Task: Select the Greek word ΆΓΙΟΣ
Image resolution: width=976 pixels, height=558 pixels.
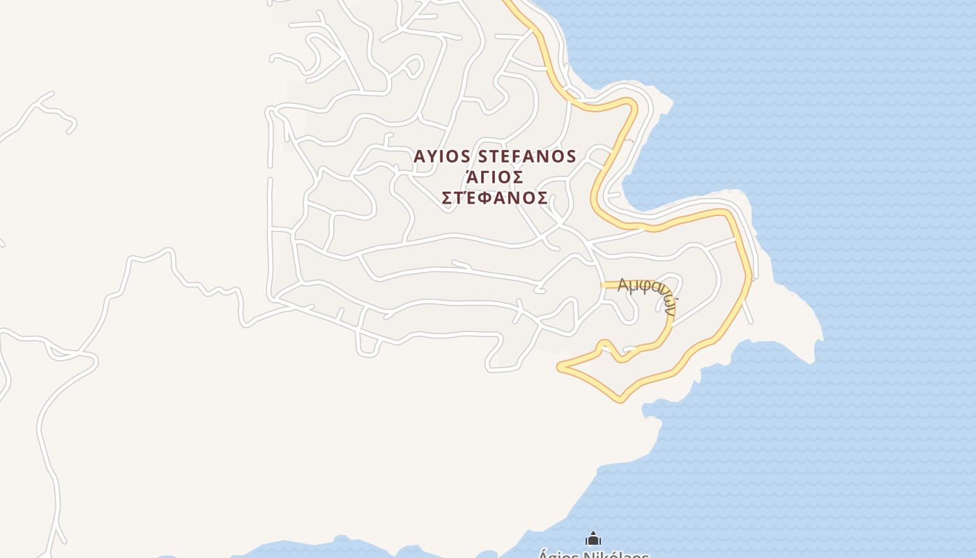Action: pos(494,177)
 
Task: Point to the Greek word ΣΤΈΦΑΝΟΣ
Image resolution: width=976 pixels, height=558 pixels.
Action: pos(494,198)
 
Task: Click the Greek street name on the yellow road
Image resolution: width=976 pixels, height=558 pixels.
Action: pos(648,293)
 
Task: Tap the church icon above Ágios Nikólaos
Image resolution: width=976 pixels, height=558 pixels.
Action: pos(593,538)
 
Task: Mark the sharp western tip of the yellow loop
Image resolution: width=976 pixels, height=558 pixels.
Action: pos(559,366)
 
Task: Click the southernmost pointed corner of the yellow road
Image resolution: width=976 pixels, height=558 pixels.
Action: pos(620,400)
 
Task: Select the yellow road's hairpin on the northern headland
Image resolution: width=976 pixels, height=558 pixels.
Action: pos(633,104)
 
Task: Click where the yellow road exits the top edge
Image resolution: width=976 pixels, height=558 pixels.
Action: pos(508,2)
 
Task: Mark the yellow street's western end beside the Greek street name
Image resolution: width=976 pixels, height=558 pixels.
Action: pos(603,285)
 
